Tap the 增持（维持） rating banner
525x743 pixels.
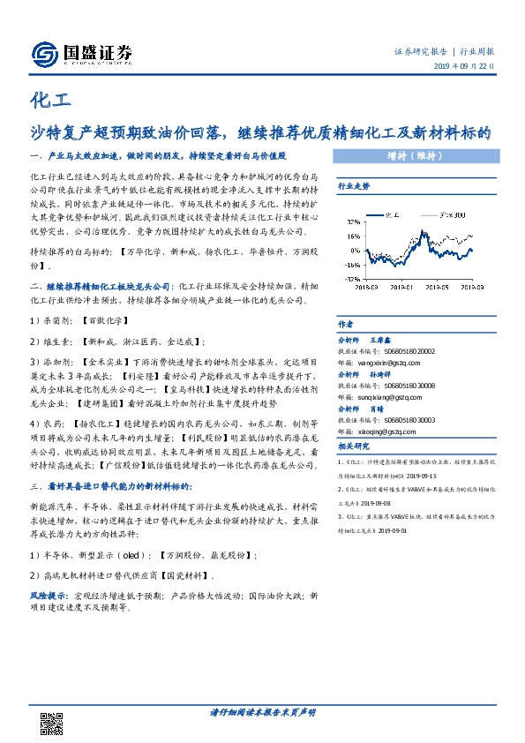(x=412, y=156)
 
